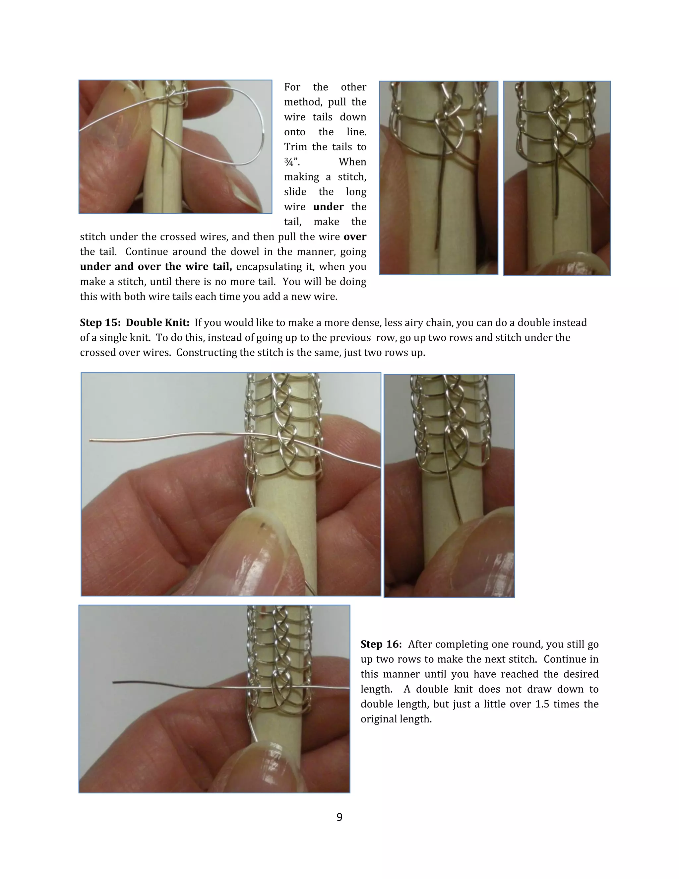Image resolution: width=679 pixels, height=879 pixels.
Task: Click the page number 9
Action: coord(339,817)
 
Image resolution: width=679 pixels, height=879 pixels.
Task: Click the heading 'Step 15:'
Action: coord(100,323)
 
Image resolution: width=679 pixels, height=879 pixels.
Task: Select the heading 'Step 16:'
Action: coord(381,644)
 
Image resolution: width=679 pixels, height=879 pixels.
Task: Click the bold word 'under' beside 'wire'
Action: coord(328,207)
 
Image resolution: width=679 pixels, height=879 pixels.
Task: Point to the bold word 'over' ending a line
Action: coord(355,237)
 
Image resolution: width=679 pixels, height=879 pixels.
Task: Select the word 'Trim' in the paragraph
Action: coord(294,147)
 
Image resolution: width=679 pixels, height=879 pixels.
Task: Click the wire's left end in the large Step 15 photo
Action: coord(91,440)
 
